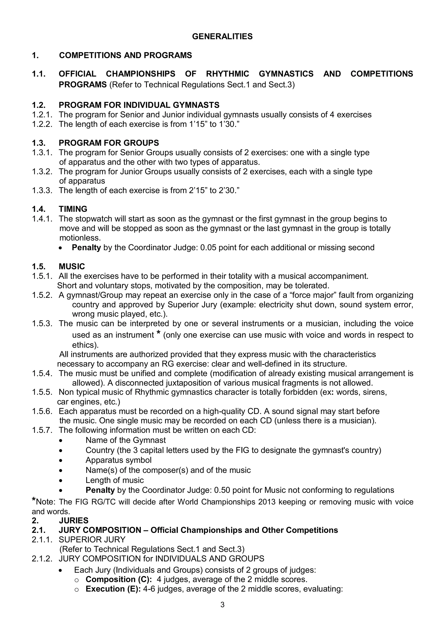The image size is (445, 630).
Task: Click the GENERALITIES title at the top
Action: pyautogui.click(x=222, y=37)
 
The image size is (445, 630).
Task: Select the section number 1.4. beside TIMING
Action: pyautogui.click(x=39, y=209)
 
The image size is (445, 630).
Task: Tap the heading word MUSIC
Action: pyautogui.click(x=72, y=267)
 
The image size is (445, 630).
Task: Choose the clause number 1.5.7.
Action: pyautogui.click(x=42, y=430)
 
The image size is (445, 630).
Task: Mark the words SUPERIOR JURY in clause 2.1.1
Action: pyautogui.click(x=92, y=540)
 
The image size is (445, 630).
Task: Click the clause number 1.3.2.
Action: pyautogui.click(x=42, y=172)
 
